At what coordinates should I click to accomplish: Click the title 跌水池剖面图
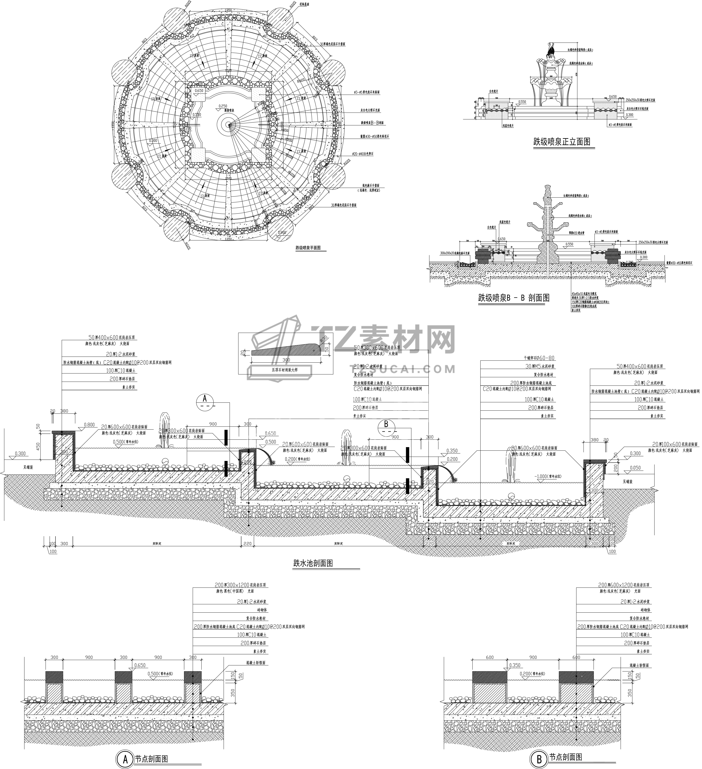pyautogui.click(x=313, y=563)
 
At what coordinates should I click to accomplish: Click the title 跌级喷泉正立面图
pyautogui.click(x=562, y=142)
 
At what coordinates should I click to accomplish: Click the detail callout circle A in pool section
pyautogui.click(x=205, y=402)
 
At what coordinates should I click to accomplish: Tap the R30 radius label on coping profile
pyautogui.click(x=324, y=338)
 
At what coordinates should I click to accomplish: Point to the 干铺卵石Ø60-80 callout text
pyautogui.click(x=539, y=358)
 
